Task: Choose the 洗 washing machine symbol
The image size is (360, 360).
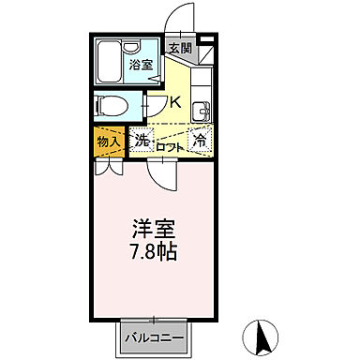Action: pos(142,141)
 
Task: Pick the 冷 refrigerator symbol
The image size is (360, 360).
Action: pos(200,141)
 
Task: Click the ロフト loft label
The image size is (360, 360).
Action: pos(170,145)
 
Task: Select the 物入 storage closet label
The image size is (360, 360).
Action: pos(108,142)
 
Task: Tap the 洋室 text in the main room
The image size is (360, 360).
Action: pos(155,229)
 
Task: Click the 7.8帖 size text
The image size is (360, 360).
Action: pos(155,253)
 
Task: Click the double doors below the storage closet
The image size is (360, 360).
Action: pos(108,169)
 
